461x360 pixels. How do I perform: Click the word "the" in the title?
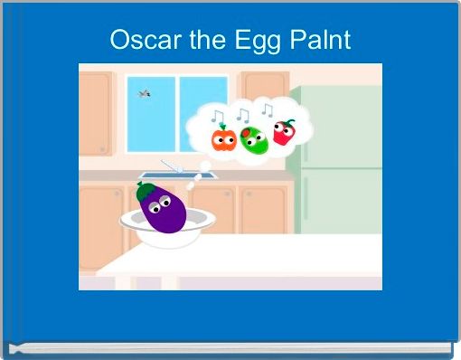193,41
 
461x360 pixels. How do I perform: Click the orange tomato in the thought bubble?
222,139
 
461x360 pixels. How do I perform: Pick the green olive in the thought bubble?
254,140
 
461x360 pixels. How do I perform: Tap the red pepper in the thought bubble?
284,134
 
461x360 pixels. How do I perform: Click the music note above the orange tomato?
217,117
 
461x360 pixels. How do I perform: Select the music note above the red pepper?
267,110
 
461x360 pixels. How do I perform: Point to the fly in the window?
143,92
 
